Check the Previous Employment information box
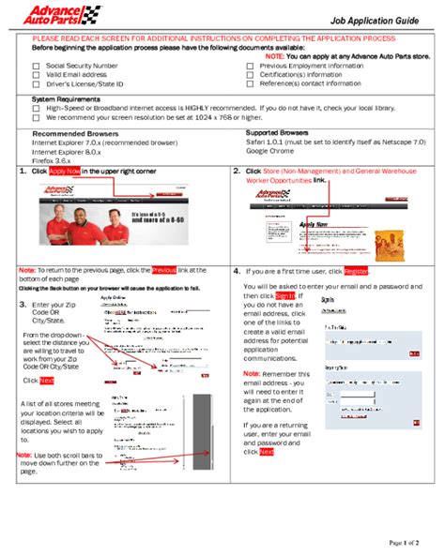250,67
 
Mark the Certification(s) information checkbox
250,75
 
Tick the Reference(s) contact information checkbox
250,83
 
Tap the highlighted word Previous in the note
163,270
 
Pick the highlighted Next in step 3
47,381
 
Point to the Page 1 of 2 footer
405,542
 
